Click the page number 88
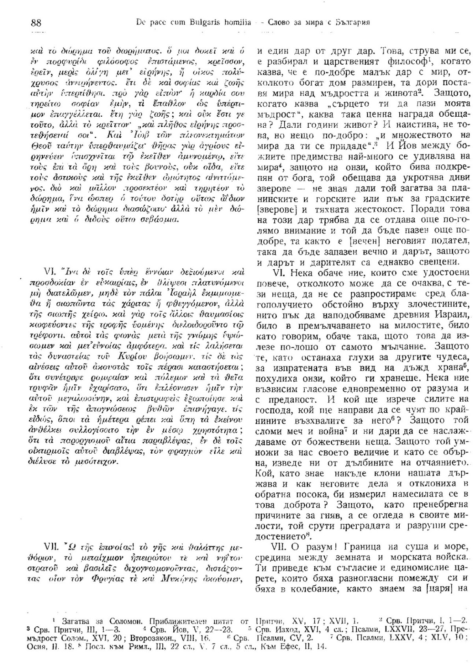[36, 23]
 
